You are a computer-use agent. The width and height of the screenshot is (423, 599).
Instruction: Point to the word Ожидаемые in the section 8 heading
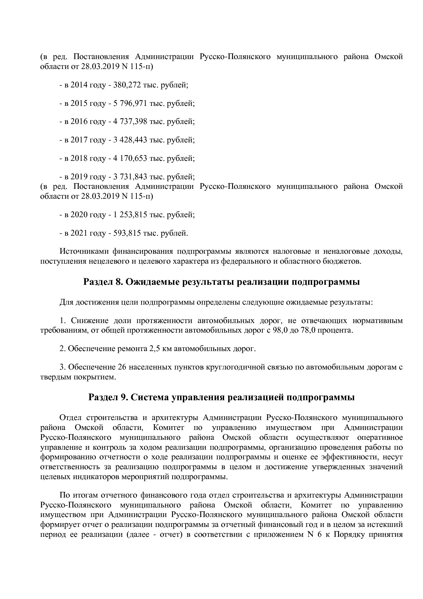pyautogui.click(x=153, y=282)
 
